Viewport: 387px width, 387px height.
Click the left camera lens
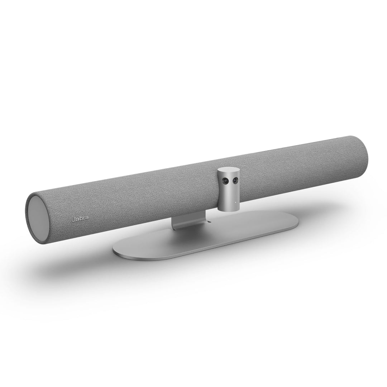coord(225,182)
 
